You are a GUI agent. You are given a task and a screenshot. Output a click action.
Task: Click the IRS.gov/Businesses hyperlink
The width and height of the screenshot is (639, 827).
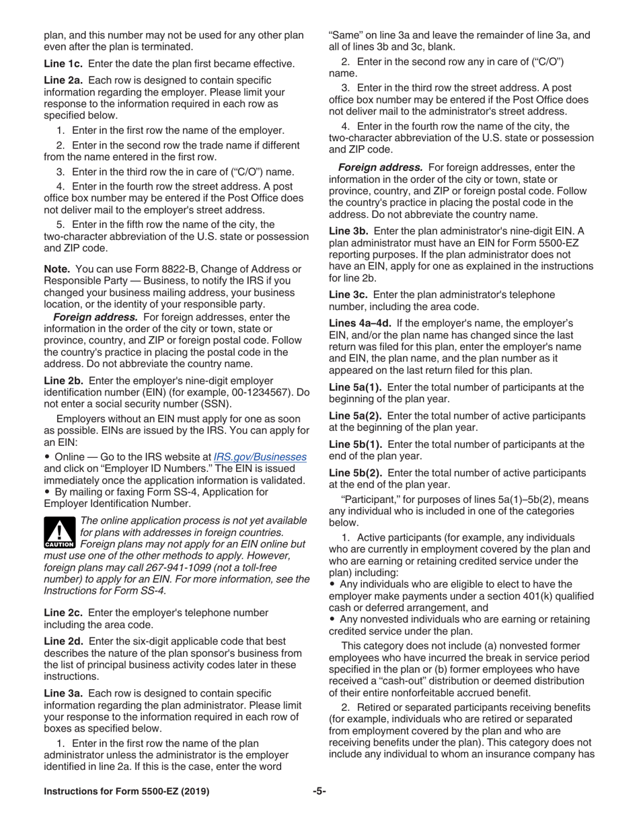pyautogui.click(x=260, y=457)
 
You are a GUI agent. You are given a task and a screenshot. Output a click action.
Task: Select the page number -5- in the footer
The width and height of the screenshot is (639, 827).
pyautogui.click(x=319, y=791)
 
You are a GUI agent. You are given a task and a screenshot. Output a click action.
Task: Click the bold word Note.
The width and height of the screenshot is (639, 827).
pyautogui.click(x=57, y=269)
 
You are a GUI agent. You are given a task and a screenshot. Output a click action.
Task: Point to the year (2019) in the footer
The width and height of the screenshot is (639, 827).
pyautogui.click(x=192, y=791)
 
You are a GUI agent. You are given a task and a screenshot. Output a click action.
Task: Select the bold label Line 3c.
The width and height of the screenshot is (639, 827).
pyautogui.click(x=347, y=294)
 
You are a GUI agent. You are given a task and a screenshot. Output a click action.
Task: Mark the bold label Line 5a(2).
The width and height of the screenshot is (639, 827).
pyautogui.click(x=355, y=416)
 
